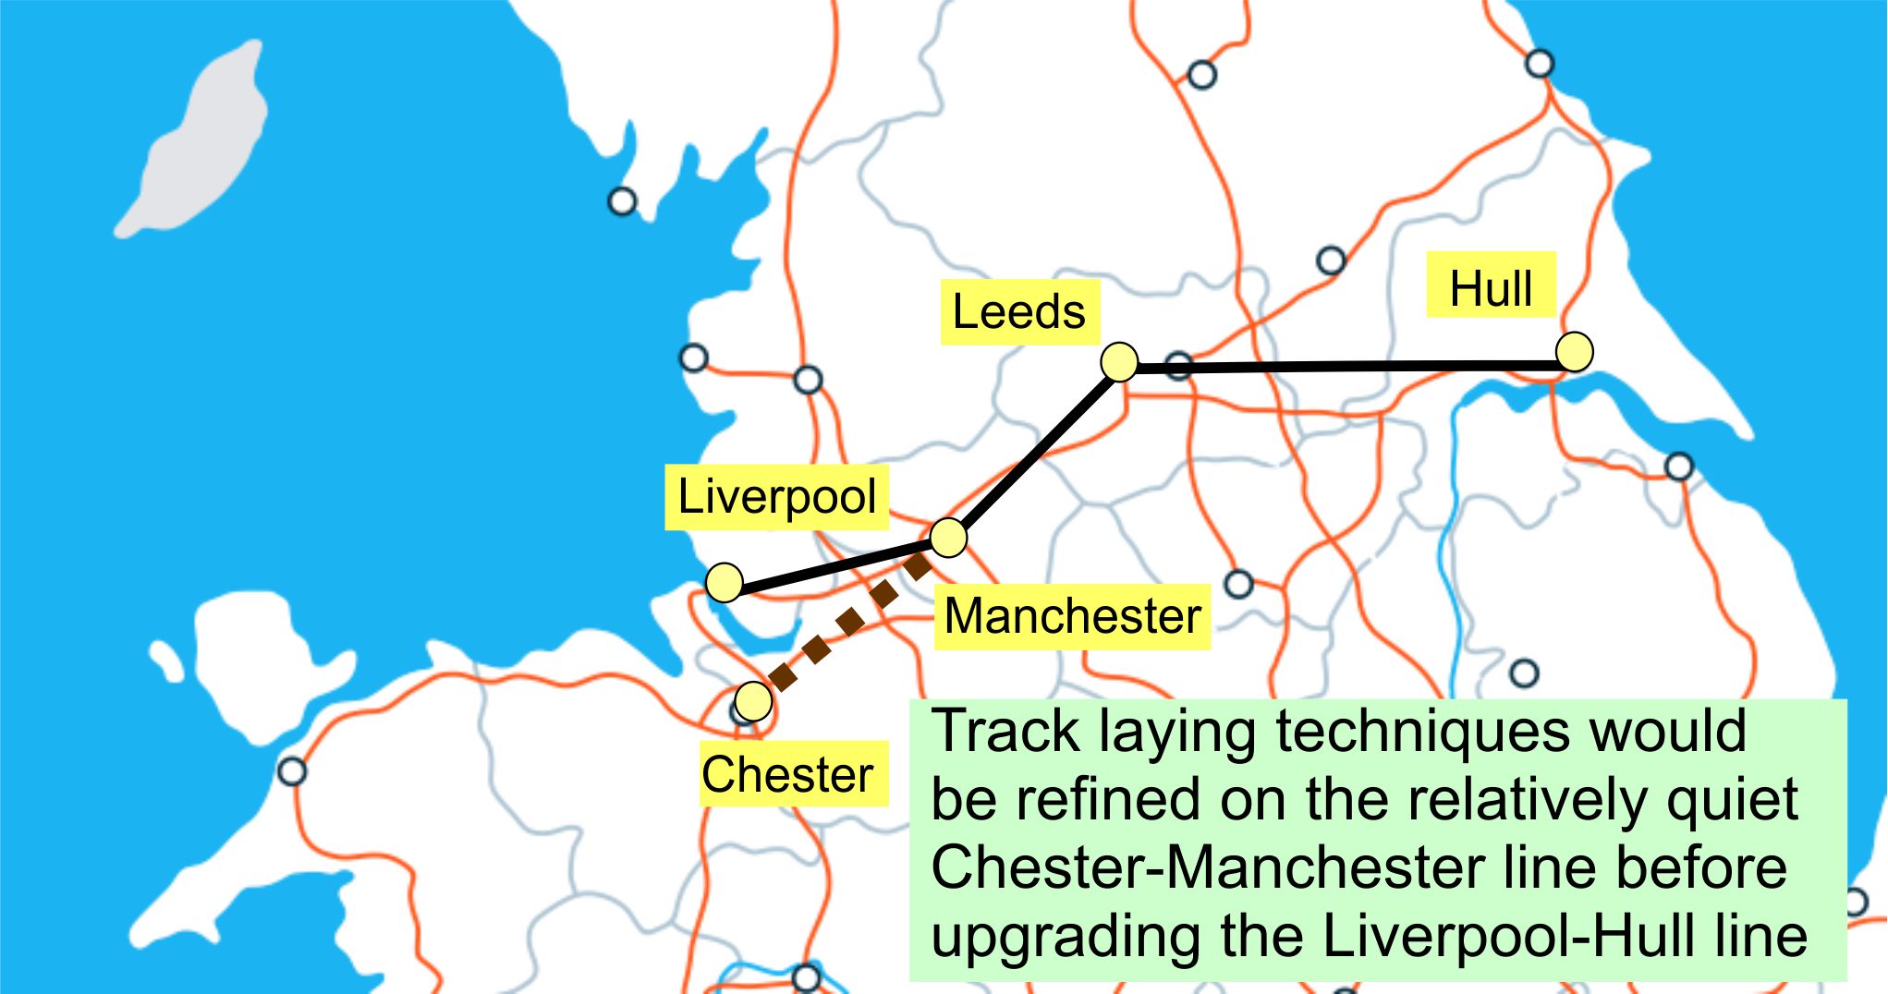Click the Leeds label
(1019, 312)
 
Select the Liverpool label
(776, 497)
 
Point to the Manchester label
(1072, 616)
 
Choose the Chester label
(787, 774)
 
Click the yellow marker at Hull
(1574, 352)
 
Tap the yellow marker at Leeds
(1120, 361)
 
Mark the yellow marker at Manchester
(948, 538)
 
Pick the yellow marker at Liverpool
(725, 582)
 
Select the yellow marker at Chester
(754, 702)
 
